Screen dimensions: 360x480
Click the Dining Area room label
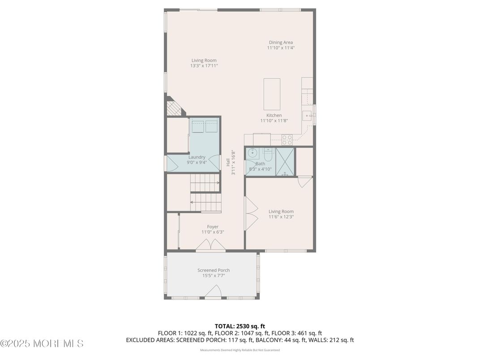tap(281, 43)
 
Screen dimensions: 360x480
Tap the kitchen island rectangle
tap(272, 94)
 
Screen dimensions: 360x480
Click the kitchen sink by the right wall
tap(308, 116)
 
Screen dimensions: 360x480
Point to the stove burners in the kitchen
tap(287, 140)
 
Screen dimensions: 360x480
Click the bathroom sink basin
tap(252, 153)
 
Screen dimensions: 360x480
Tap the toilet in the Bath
tap(268, 154)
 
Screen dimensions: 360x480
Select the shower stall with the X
tap(285, 161)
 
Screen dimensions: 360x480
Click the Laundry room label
tap(197, 157)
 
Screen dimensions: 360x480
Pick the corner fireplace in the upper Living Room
tap(173, 107)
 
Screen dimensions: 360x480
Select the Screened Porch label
tap(214, 270)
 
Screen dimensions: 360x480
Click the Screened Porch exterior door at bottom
tap(213, 293)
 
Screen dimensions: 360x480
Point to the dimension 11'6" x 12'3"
tap(281, 217)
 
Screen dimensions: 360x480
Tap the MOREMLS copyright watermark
tap(42, 343)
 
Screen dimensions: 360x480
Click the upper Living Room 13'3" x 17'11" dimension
tap(204, 66)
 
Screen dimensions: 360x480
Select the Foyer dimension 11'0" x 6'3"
tap(213, 232)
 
